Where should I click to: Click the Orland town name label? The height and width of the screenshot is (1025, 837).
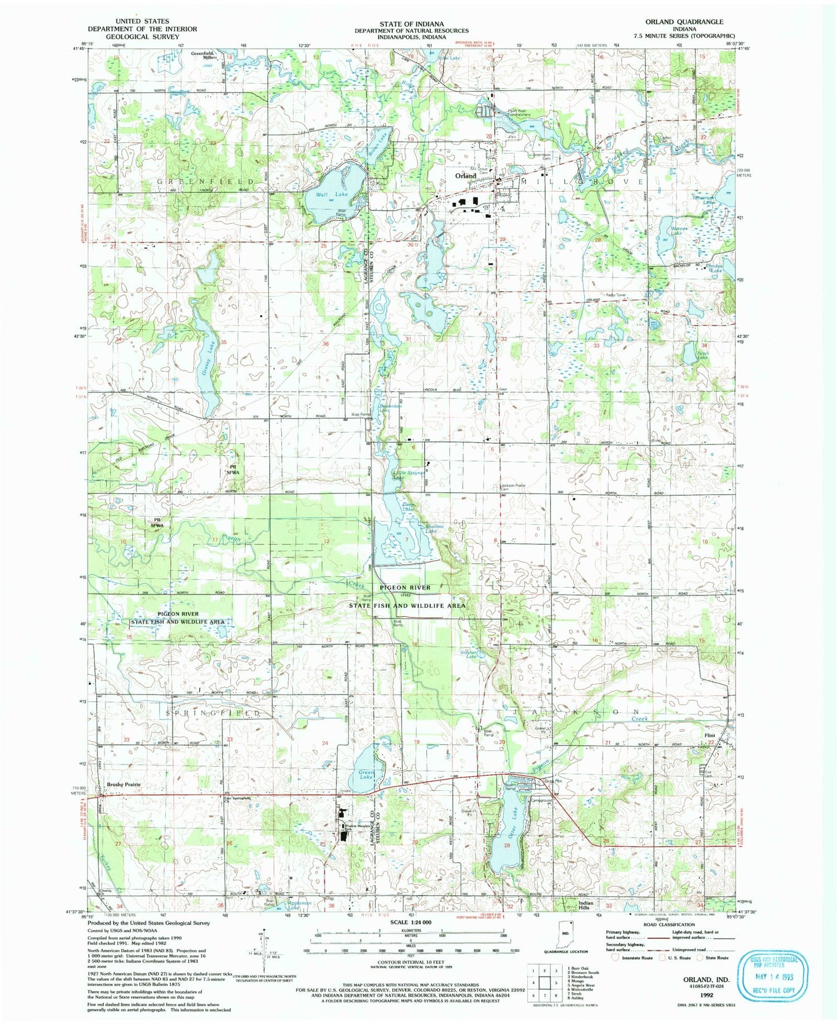coord(465,176)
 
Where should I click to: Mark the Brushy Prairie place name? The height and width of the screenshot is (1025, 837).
coord(123,784)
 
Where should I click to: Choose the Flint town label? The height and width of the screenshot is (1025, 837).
coord(710,736)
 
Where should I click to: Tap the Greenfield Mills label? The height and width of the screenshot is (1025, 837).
coord(203,56)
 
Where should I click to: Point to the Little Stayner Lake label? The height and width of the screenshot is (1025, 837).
coord(408,475)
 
